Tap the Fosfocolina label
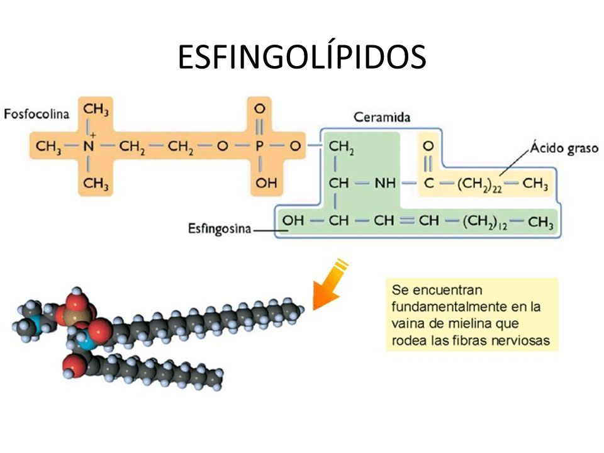point(36,114)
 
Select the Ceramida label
point(382,117)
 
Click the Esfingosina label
point(219,228)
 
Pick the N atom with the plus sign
point(89,145)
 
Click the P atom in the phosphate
point(259,146)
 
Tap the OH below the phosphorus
point(266,182)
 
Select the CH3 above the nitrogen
point(96,109)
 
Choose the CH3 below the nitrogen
point(96,183)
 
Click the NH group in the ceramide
point(385,183)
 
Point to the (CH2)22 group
point(479,184)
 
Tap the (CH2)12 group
point(485,222)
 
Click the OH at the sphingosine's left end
point(293,220)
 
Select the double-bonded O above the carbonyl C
point(428,146)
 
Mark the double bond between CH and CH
point(406,220)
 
